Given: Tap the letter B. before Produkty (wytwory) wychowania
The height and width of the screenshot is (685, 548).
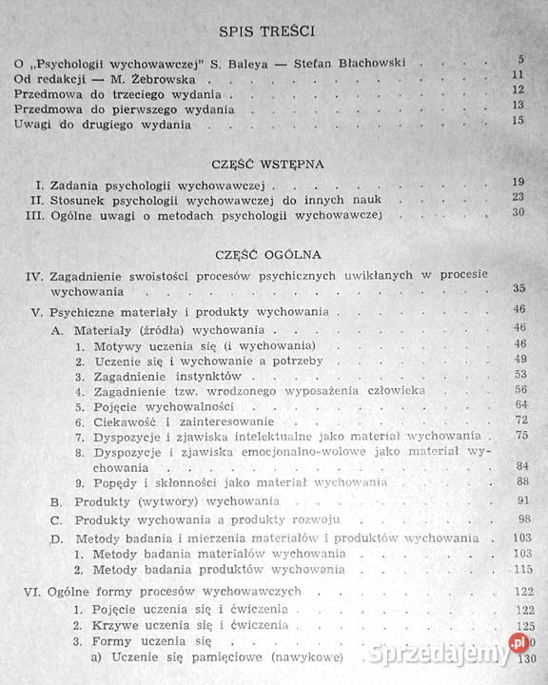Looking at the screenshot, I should point(56,501).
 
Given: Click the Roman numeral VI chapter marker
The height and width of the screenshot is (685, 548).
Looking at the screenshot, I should point(29,591).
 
